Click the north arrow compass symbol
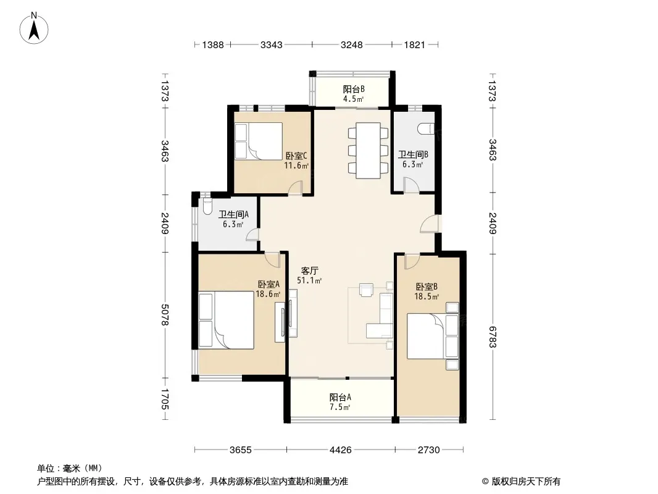pos(34,28)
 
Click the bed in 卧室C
pos(258,141)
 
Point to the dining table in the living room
pos(368,150)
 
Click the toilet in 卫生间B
pos(426,128)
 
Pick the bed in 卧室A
pos(226,320)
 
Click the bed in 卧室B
pos(433,336)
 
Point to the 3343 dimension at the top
pos(272,44)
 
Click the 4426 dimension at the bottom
pos(340,450)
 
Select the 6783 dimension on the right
pos(492,337)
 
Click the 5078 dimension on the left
pos(164,315)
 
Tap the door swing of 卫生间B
pos(411,185)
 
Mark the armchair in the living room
pos(367,290)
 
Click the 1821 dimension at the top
pos(415,44)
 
